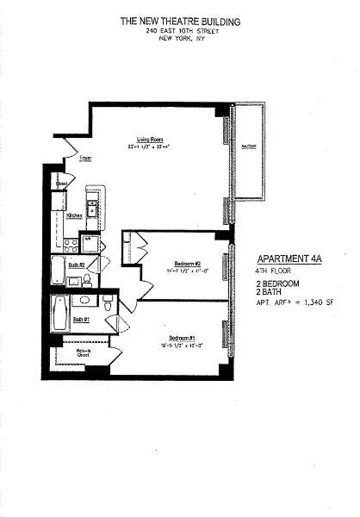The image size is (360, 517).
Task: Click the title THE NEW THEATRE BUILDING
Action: tap(180, 20)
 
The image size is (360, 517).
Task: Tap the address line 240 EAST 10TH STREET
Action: tap(180, 30)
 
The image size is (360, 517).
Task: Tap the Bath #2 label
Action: tap(75, 265)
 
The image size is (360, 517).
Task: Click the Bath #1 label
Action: tap(80, 319)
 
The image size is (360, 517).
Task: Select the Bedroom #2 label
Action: tap(187, 263)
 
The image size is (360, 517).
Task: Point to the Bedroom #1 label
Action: tap(182, 336)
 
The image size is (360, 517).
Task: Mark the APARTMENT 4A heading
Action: tap(291, 258)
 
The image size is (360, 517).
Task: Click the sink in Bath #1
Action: tap(85, 301)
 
